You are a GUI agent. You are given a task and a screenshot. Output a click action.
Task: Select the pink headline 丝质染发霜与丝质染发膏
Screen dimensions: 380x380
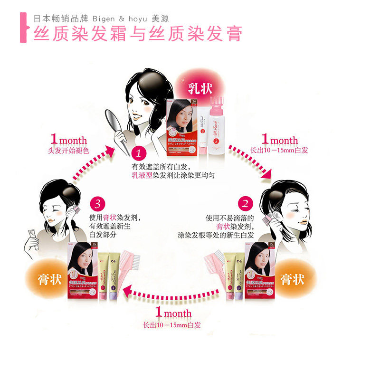pos(138,34)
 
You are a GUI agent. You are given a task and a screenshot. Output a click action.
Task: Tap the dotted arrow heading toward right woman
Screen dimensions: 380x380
pos(249,161)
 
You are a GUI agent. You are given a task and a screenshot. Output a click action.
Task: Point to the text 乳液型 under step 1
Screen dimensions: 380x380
pos(142,175)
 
